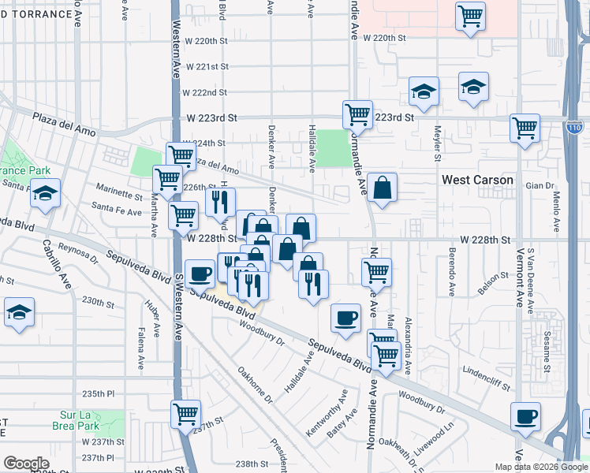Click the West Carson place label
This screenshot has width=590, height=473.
tap(477, 180)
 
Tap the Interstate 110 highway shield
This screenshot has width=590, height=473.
tap(574, 125)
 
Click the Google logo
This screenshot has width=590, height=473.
tap(26, 464)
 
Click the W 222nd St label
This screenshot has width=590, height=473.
tap(204, 92)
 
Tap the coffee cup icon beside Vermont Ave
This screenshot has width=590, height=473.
tap(525, 416)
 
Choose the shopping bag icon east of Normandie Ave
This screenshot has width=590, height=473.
tap(382, 188)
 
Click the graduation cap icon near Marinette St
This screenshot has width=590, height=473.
tap(45, 192)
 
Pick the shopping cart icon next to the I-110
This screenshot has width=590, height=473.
tap(525, 127)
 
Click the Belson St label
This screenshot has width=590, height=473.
tap(494, 278)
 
